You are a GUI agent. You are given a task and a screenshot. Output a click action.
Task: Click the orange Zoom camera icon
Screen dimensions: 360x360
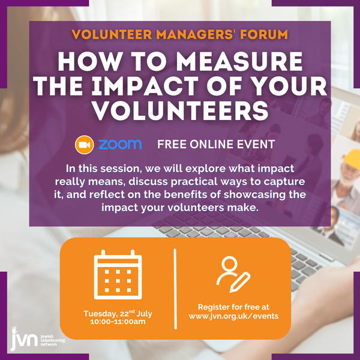84,145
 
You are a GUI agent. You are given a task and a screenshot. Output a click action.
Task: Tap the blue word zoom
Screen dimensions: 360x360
120,145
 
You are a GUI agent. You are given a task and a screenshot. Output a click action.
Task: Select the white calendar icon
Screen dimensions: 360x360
118,275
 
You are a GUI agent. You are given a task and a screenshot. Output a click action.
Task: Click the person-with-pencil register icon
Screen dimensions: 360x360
233,275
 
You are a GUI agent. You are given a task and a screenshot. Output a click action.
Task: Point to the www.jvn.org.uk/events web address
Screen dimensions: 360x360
233,316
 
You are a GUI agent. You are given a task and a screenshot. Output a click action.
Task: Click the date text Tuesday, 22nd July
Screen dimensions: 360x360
118,313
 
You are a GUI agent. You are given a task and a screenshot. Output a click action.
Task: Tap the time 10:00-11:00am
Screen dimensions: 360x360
118,322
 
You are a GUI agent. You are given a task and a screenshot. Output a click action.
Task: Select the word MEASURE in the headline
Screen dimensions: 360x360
239,61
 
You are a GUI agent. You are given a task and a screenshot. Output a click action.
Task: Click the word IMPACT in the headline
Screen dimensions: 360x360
145,86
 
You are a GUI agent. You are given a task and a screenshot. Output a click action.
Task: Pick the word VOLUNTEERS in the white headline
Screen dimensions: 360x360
181,110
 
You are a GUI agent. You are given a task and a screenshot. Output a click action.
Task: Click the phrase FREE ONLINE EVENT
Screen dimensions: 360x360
216,145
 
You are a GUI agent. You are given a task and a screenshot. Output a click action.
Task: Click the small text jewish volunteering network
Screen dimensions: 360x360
53,340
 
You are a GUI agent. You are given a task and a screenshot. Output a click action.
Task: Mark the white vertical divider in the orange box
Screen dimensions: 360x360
175,289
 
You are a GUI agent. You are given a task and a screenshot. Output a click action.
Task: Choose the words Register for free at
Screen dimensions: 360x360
233,307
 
